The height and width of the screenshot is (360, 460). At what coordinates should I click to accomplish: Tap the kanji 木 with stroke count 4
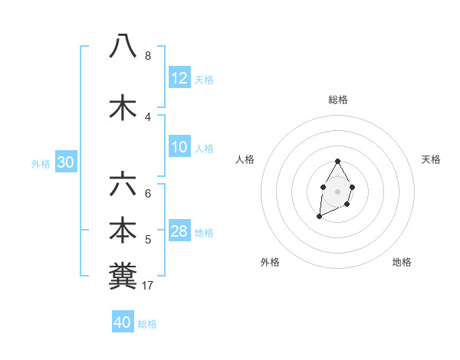(123, 106)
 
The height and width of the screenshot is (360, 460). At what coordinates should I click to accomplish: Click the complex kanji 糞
(123, 275)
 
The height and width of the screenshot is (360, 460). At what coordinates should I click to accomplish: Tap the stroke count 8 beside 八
(148, 55)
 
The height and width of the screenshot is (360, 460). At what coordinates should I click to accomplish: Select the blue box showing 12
(179, 78)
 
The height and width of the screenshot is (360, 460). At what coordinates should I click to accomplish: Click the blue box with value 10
(179, 148)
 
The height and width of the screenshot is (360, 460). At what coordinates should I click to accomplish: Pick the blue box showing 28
(179, 231)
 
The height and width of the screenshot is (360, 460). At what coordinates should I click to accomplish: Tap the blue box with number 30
(65, 162)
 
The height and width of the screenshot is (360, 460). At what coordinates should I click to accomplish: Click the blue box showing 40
(123, 322)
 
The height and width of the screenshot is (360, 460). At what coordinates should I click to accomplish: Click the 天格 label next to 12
(204, 80)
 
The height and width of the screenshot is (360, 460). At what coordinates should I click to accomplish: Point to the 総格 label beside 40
(147, 324)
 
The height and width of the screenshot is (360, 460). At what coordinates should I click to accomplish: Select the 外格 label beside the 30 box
(41, 164)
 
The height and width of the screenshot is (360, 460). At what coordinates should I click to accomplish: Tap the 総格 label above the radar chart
(338, 100)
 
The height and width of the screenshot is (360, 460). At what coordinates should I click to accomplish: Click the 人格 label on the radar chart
(245, 159)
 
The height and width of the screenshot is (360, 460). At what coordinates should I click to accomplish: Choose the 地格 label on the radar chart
(402, 262)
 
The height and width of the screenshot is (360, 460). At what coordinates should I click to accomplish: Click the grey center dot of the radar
(337, 190)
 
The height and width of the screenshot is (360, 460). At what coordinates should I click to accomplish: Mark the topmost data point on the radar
(337, 162)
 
